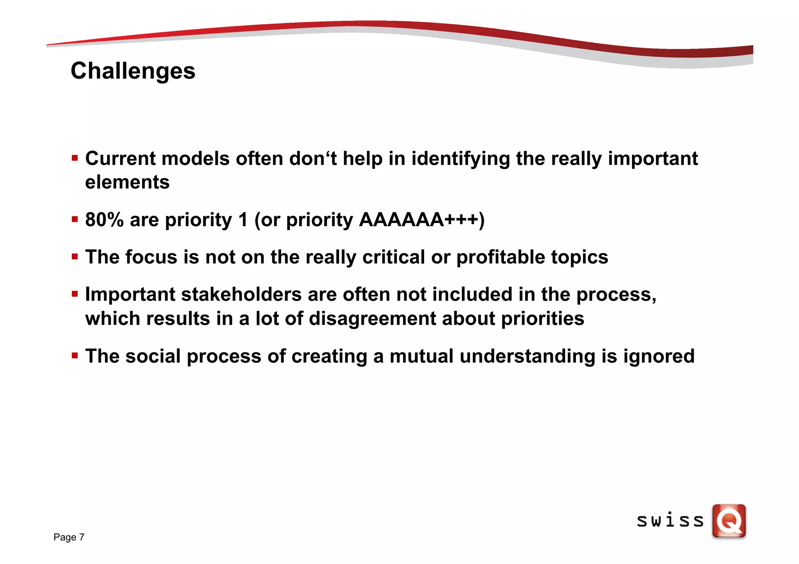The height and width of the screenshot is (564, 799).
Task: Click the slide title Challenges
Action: [133, 71]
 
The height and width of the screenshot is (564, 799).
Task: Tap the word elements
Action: [127, 182]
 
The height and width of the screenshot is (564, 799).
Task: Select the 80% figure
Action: [104, 219]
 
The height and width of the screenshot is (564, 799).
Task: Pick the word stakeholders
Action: [241, 294]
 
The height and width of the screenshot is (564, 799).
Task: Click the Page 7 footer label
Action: [69, 537]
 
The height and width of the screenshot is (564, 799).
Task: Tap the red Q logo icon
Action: [729, 521]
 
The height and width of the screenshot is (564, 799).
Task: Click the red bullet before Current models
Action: [75, 158]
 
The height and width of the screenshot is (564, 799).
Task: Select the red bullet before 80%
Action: [75, 219]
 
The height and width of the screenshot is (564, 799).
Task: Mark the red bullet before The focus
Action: [75, 257]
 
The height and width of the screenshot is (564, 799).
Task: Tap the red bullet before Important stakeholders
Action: [75, 294]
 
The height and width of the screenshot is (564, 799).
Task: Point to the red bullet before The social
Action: [75, 355]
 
